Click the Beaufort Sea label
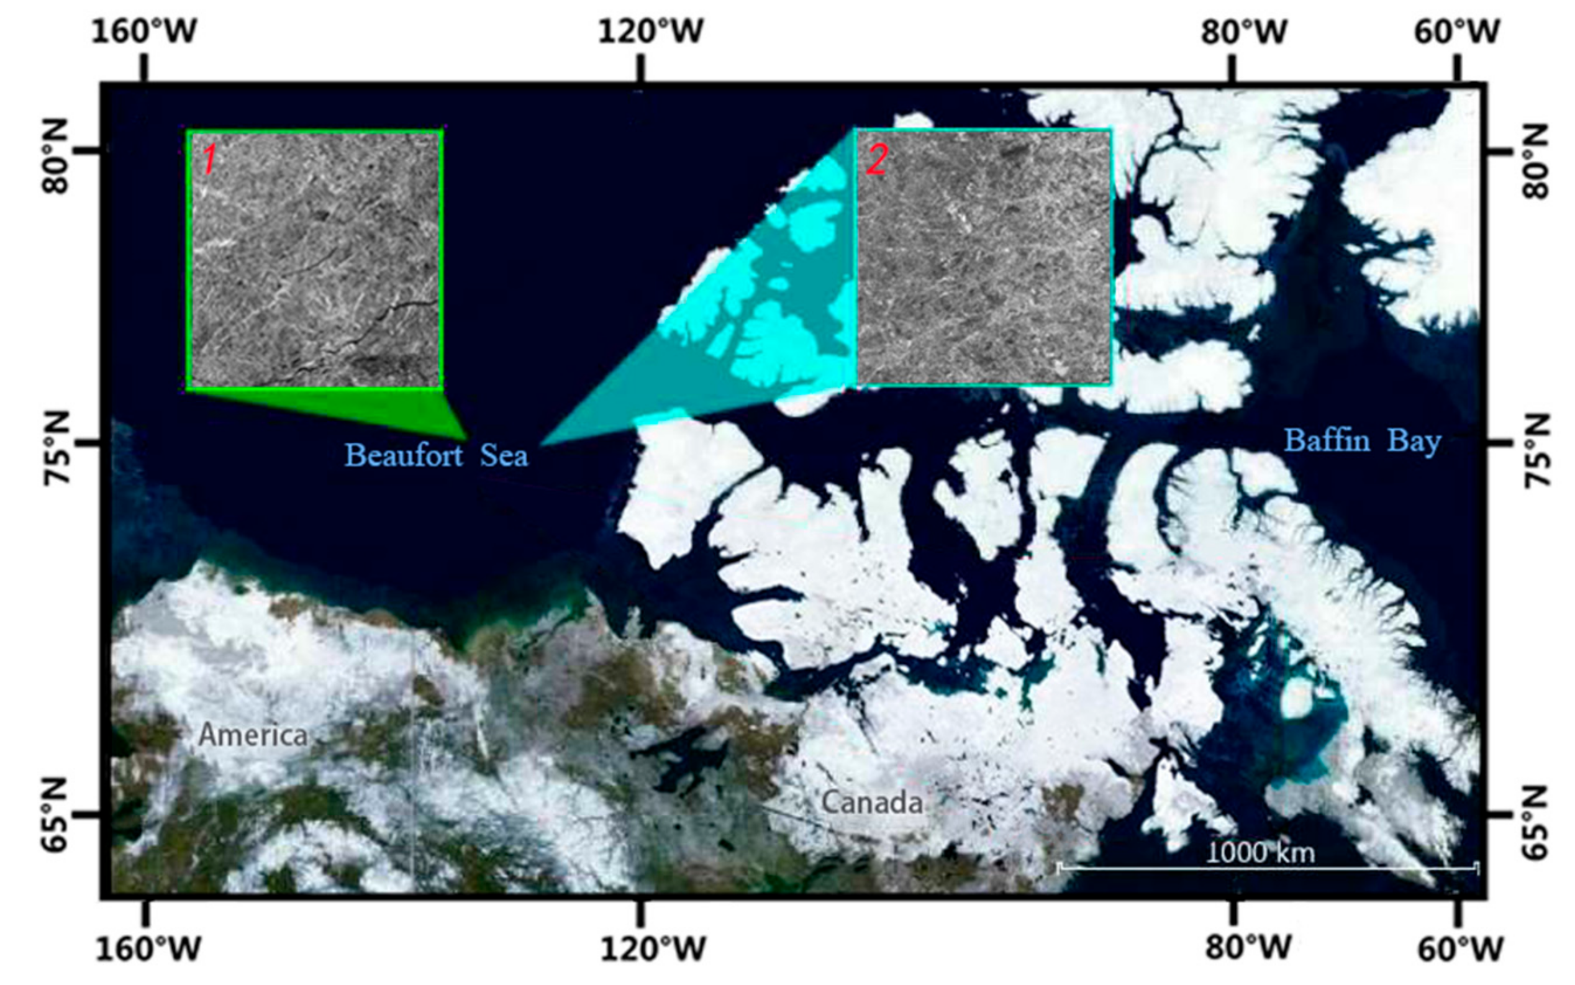tap(436, 455)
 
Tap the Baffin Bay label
tap(1362, 441)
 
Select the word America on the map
tap(253, 735)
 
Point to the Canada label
tap(871, 802)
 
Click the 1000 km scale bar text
tap(1260, 852)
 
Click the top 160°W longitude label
tap(143, 30)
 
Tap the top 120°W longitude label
tap(651, 30)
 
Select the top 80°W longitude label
tap(1245, 30)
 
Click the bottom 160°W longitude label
tap(148, 950)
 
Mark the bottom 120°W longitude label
tap(653, 950)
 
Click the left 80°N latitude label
tap(56, 157)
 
